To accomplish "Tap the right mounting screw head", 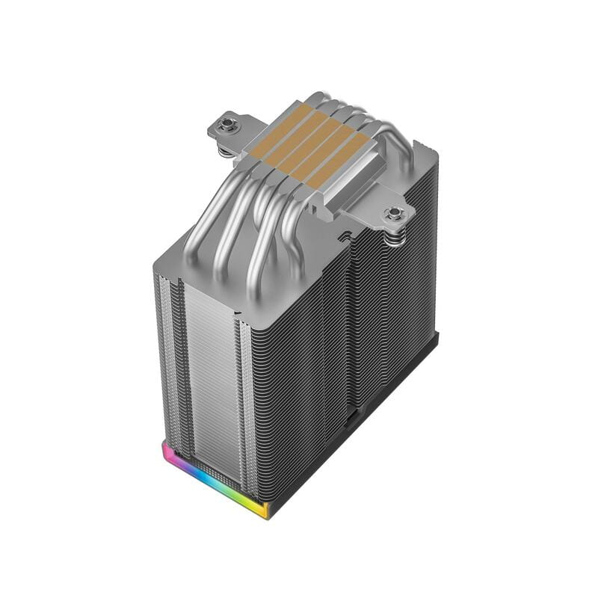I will [393, 215].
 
